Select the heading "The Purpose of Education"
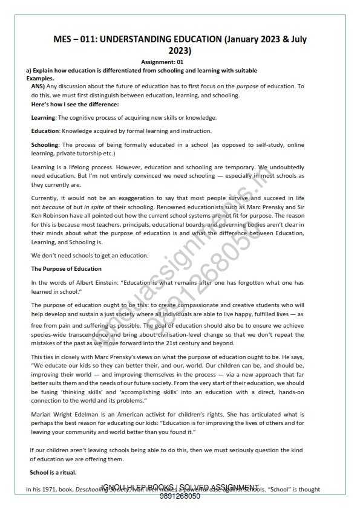coord(67,268)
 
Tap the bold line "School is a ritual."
coord(54,471)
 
